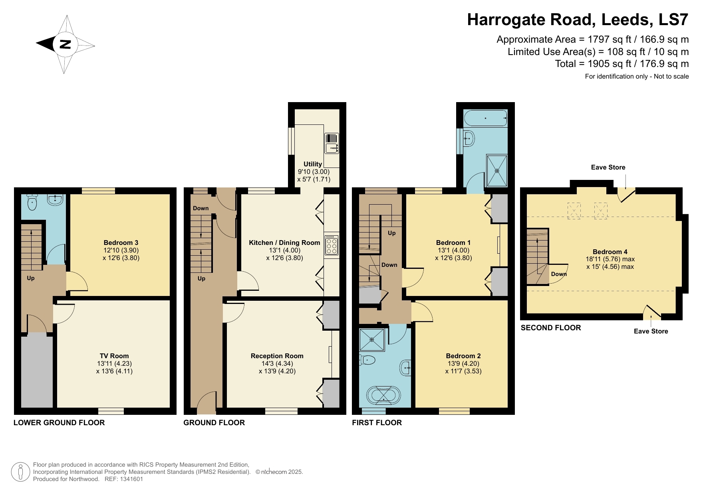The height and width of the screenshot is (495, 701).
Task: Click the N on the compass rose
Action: coord(65,44)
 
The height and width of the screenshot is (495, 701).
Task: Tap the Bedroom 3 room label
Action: coord(121,243)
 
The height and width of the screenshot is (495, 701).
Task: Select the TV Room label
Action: coord(114,356)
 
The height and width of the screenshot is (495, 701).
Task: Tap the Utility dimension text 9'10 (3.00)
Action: coord(314,172)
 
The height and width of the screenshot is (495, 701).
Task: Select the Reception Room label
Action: coord(277,356)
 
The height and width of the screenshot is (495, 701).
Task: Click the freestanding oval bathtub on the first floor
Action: coord(383,395)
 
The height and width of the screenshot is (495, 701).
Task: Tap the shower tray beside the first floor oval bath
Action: coord(371,340)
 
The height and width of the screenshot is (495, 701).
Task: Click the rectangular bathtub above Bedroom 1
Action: coord(485,118)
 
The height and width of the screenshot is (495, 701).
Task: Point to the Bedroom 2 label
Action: coord(463,356)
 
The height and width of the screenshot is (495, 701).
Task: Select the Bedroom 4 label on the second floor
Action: coord(610,252)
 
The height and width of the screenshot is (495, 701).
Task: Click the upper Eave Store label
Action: coord(608,167)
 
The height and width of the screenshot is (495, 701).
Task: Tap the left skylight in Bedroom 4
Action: coord(574,211)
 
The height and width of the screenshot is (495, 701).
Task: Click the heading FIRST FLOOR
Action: coord(377,422)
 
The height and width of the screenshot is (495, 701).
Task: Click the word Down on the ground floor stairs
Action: coord(201,208)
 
